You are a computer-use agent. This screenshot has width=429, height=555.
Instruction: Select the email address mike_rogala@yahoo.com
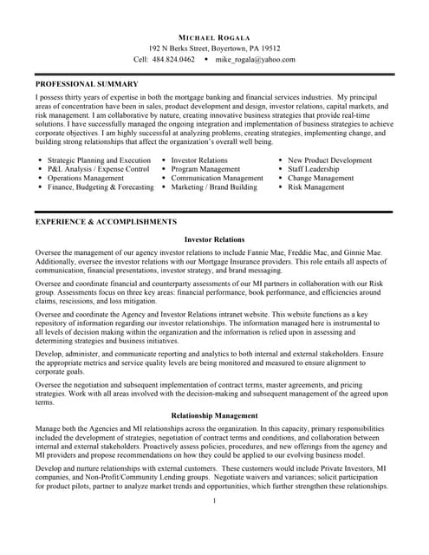pyautogui.click(x=255, y=60)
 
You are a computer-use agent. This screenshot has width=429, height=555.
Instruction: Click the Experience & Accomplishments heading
pyautogui.click(x=106, y=222)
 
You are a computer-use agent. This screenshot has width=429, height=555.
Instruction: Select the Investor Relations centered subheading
pyautogui.click(x=214, y=239)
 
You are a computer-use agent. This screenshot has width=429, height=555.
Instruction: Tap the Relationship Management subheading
pyautogui.click(x=214, y=416)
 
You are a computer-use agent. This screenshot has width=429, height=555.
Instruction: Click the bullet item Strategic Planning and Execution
pyautogui.click(x=99, y=160)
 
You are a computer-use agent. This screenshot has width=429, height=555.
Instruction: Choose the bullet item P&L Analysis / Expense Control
pyautogui.click(x=98, y=169)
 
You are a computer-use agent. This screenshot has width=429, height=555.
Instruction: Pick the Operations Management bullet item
pyautogui.click(x=86, y=178)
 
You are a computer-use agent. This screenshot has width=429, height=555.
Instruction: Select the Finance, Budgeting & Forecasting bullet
pyautogui.click(x=101, y=186)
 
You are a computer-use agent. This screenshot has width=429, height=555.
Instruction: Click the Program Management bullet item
pyautogui.click(x=205, y=169)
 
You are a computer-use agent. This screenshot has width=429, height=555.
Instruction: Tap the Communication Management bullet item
pyautogui.click(x=217, y=178)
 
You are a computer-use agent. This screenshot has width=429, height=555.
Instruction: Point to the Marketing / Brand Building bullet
pyautogui.click(x=214, y=186)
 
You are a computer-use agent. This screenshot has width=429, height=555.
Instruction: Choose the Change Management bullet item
pyautogui.click(x=321, y=178)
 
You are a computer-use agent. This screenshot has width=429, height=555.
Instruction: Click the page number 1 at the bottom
pyautogui.click(x=214, y=500)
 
